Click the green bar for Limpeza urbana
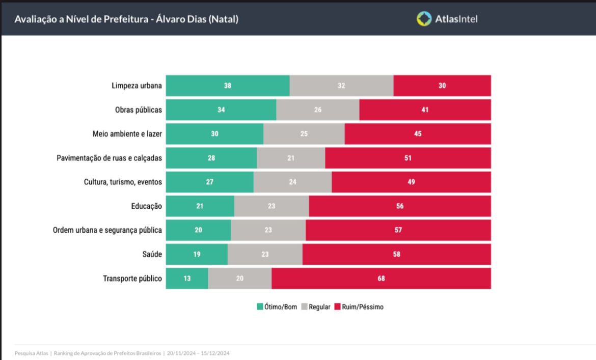pos(228,86)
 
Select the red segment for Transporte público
pos(381,279)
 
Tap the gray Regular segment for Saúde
pos(265,255)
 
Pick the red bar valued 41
pos(425,109)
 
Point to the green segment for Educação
pos(200,206)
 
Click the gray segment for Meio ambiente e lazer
pos(304,134)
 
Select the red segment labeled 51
pos(408,158)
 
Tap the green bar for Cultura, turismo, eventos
pos(209,182)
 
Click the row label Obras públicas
pos(139,110)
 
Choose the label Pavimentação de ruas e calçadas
pos(109,158)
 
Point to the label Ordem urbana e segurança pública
pos(107,231)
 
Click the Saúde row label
pos(152,255)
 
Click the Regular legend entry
pos(316,307)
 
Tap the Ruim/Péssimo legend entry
pos(359,307)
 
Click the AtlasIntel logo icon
pos(424,19)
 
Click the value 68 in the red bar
pos(381,279)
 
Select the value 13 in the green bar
pos(187,279)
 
